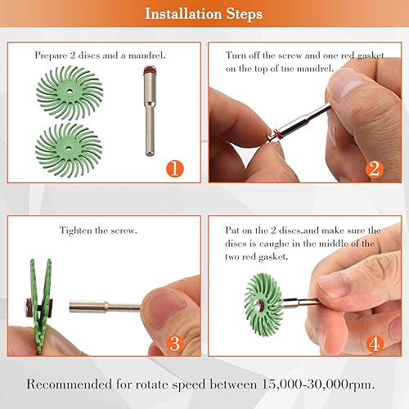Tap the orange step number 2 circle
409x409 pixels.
[374, 169]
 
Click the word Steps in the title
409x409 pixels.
[243, 15]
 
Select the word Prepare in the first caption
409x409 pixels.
[52, 56]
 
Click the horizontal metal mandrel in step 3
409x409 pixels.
[102, 309]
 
